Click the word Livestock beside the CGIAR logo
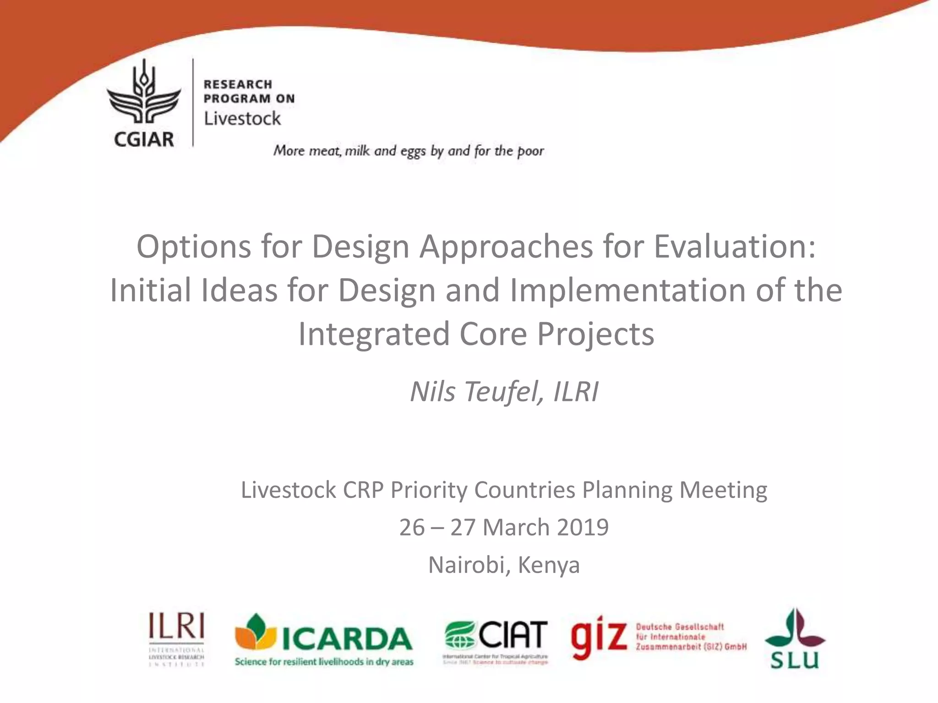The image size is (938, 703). [x=242, y=119]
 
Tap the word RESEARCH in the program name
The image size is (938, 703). [x=238, y=85]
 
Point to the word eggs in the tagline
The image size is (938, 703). [x=413, y=151]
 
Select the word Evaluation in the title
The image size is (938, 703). [x=734, y=247]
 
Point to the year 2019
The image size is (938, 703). [x=583, y=527]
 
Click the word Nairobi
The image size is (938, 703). [x=466, y=565]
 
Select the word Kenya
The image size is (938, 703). [x=549, y=565]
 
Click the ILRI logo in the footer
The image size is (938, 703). [x=176, y=638]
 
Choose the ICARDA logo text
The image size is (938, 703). [x=347, y=638]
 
